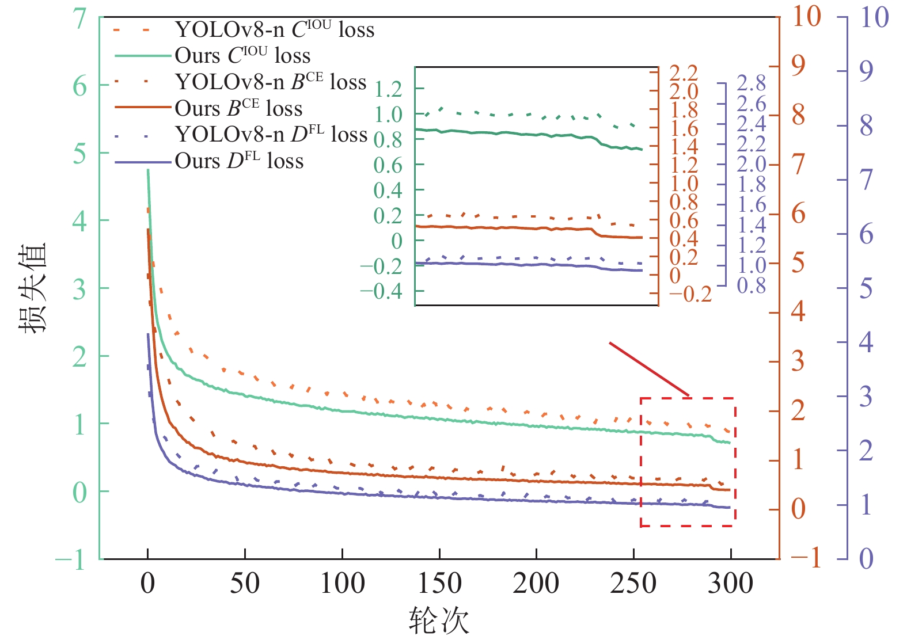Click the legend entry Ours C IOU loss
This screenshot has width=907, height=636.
(x=242, y=56)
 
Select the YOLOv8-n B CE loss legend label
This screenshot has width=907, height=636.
(x=271, y=82)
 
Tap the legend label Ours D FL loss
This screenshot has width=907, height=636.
(x=239, y=161)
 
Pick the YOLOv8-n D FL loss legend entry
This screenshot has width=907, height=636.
(x=271, y=135)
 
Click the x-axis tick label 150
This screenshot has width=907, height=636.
(x=439, y=583)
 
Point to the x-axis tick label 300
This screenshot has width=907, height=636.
(x=730, y=583)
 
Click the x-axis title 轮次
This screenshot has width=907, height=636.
(x=439, y=620)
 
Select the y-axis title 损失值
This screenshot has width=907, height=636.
(x=32, y=288)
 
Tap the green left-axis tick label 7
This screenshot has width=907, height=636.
(x=79, y=18)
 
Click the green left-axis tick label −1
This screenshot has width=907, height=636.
(x=71, y=559)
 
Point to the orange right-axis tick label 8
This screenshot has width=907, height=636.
(x=798, y=115)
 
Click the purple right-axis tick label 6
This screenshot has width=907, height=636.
(x=866, y=234)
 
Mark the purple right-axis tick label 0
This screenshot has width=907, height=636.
(x=866, y=558)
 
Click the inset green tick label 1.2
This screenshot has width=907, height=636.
(x=388, y=89)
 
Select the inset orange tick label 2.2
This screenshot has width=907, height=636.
(x=684, y=73)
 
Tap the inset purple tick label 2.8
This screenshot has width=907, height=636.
(x=752, y=83)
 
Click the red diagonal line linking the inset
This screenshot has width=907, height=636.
(x=649, y=369)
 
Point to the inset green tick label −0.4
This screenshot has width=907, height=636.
(x=381, y=291)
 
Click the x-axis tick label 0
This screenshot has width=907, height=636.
(x=148, y=583)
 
